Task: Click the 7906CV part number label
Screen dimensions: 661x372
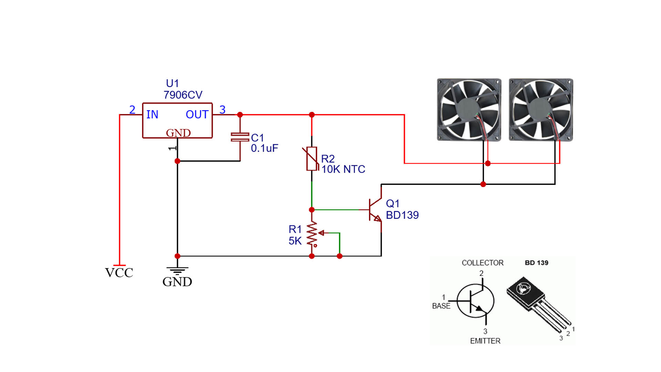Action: pyautogui.click(x=183, y=95)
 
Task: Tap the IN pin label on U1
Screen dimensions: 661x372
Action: pyautogui.click(x=152, y=114)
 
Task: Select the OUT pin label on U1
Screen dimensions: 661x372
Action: pyautogui.click(x=197, y=114)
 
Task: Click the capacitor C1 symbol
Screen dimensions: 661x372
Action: pyautogui.click(x=240, y=137)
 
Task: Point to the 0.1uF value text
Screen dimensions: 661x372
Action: pyautogui.click(x=264, y=148)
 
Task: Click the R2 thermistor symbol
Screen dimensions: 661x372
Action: pyautogui.click(x=312, y=159)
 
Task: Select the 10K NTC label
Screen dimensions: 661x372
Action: pyautogui.click(x=343, y=169)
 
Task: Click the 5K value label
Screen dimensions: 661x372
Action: pyautogui.click(x=295, y=241)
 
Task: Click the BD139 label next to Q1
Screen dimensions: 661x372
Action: pyautogui.click(x=402, y=215)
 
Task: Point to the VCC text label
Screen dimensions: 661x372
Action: pyautogui.click(x=119, y=272)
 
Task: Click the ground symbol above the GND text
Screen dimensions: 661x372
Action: pyautogui.click(x=177, y=271)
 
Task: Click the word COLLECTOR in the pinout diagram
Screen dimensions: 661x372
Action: pyautogui.click(x=483, y=263)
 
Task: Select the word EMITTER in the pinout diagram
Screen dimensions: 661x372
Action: pyautogui.click(x=485, y=341)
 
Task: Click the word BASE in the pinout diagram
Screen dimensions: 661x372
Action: pyautogui.click(x=441, y=306)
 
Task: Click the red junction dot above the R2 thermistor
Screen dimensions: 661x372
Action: pyautogui.click(x=312, y=115)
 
